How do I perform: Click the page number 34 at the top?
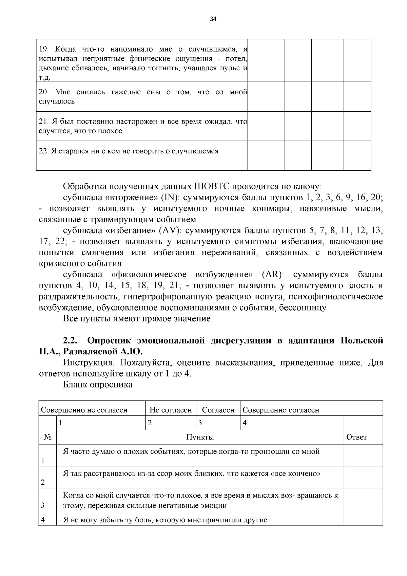(x=213, y=19)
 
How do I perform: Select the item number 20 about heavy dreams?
(x=43, y=92)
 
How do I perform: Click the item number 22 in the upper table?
(x=43, y=151)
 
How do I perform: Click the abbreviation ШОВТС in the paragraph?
(x=212, y=187)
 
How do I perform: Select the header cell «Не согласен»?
(x=171, y=410)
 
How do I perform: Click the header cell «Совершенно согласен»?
(x=281, y=410)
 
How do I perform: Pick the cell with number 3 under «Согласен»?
(x=200, y=423)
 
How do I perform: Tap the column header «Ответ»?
(x=356, y=437)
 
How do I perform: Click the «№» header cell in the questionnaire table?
(x=47, y=437)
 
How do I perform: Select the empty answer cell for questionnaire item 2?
(x=363, y=477)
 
